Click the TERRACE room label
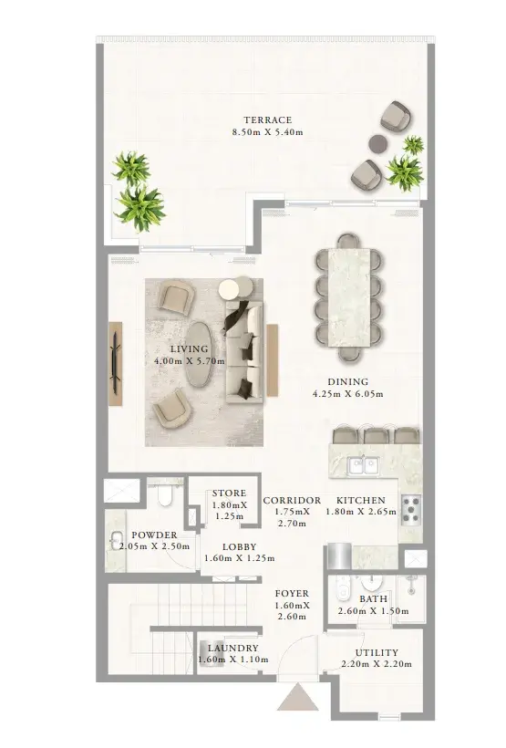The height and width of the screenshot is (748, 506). point(267,119)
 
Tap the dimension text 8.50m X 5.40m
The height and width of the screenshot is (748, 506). point(267,132)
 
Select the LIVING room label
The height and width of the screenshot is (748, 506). point(190,348)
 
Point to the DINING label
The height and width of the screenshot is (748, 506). point(347,381)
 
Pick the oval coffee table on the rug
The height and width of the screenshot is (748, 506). point(201,354)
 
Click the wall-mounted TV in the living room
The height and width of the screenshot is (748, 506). point(115,357)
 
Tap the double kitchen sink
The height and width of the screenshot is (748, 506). point(363,465)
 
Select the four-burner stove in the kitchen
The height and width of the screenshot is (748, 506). point(411,510)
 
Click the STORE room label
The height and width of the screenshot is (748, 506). point(230,493)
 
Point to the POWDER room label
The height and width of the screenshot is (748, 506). point(154,535)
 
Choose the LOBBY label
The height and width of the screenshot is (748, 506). point(240,546)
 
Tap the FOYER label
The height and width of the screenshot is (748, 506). point(292,594)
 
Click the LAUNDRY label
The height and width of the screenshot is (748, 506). point(233,648)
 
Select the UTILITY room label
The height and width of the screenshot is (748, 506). point(377,652)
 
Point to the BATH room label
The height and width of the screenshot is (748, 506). point(374,598)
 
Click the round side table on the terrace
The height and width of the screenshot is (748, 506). point(378,143)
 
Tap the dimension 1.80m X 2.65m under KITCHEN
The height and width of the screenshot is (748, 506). point(361,512)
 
